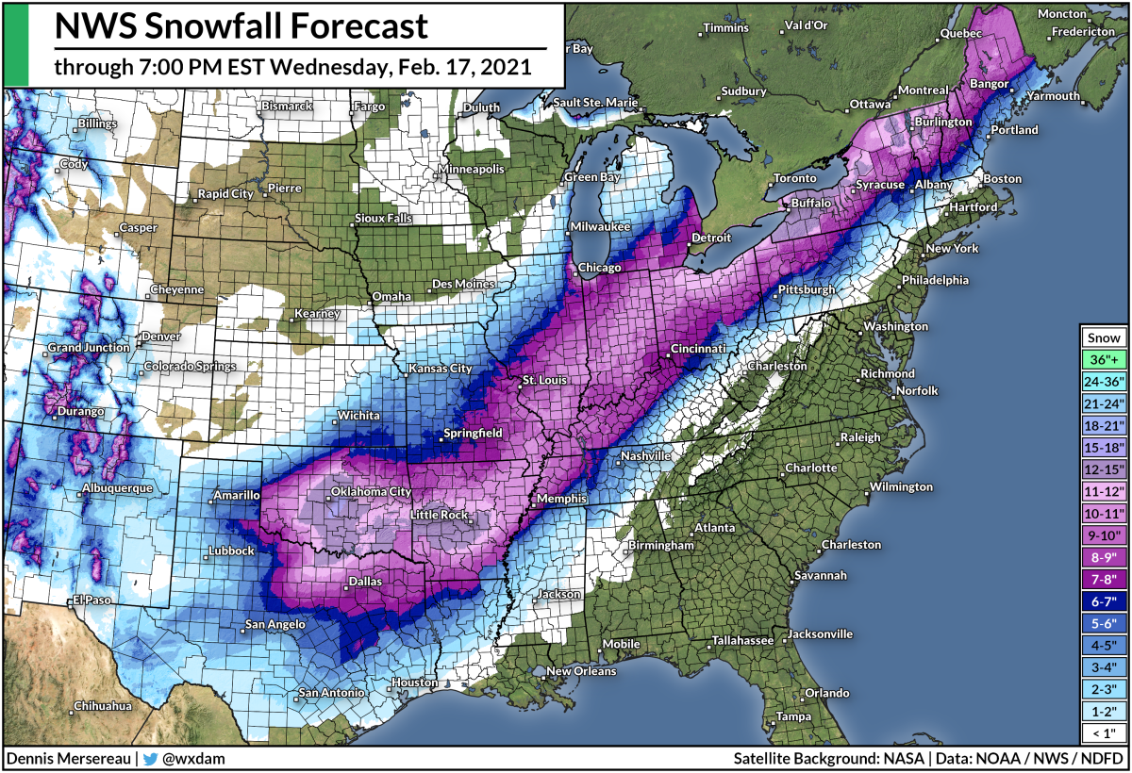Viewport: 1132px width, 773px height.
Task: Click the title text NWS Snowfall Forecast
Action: [241, 25]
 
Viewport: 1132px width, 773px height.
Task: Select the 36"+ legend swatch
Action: [1105, 359]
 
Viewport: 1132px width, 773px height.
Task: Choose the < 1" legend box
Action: [1105, 732]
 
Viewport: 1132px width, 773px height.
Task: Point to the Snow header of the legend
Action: [1105, 337]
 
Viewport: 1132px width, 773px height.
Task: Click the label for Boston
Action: [1002, 178]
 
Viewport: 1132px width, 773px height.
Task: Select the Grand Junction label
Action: [89, 347]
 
